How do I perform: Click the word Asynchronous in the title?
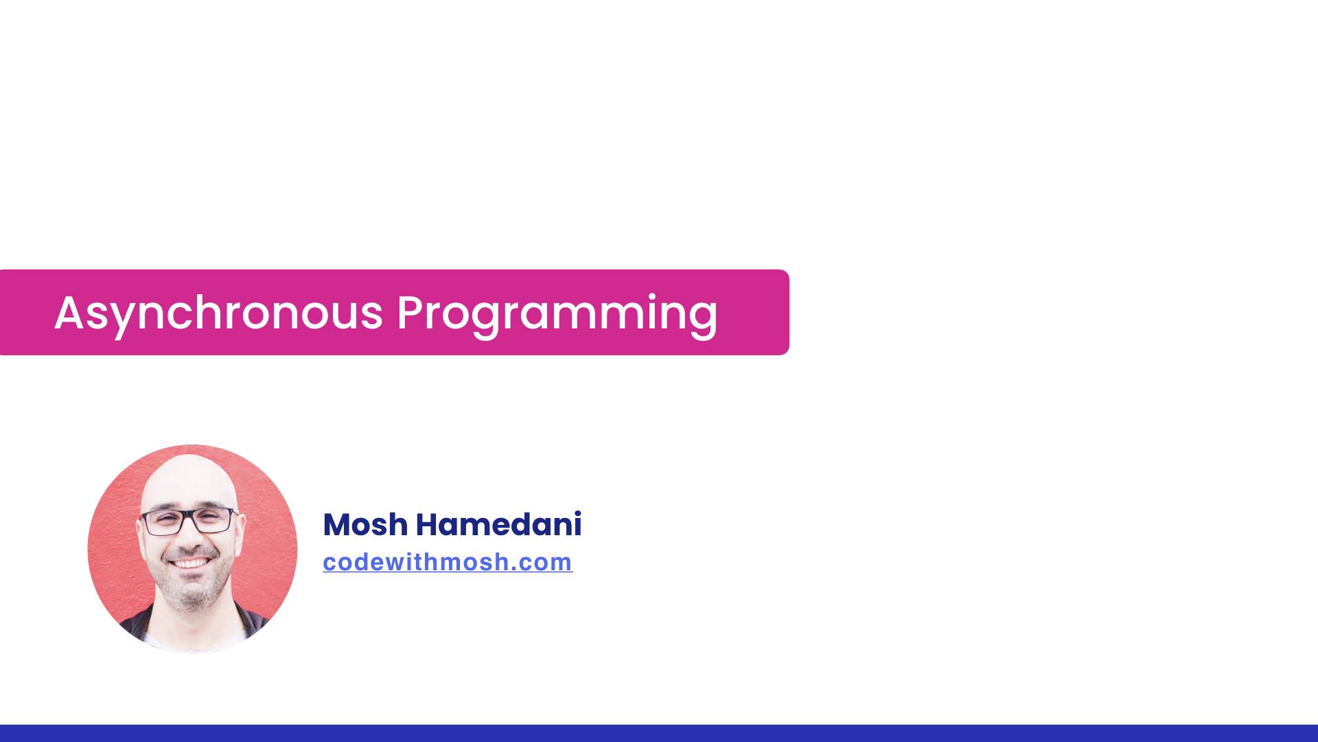pos(218,313)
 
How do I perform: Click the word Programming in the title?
pos(556,313)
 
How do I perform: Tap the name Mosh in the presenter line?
pos(365,525)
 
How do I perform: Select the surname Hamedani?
pos(498,525)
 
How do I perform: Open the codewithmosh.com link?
pos(448,562)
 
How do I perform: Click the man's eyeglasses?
pos(189,521)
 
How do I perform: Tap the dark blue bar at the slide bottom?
pos(659,733)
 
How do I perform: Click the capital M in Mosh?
pos(338,525)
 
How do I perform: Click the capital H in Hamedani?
pos(427,525)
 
